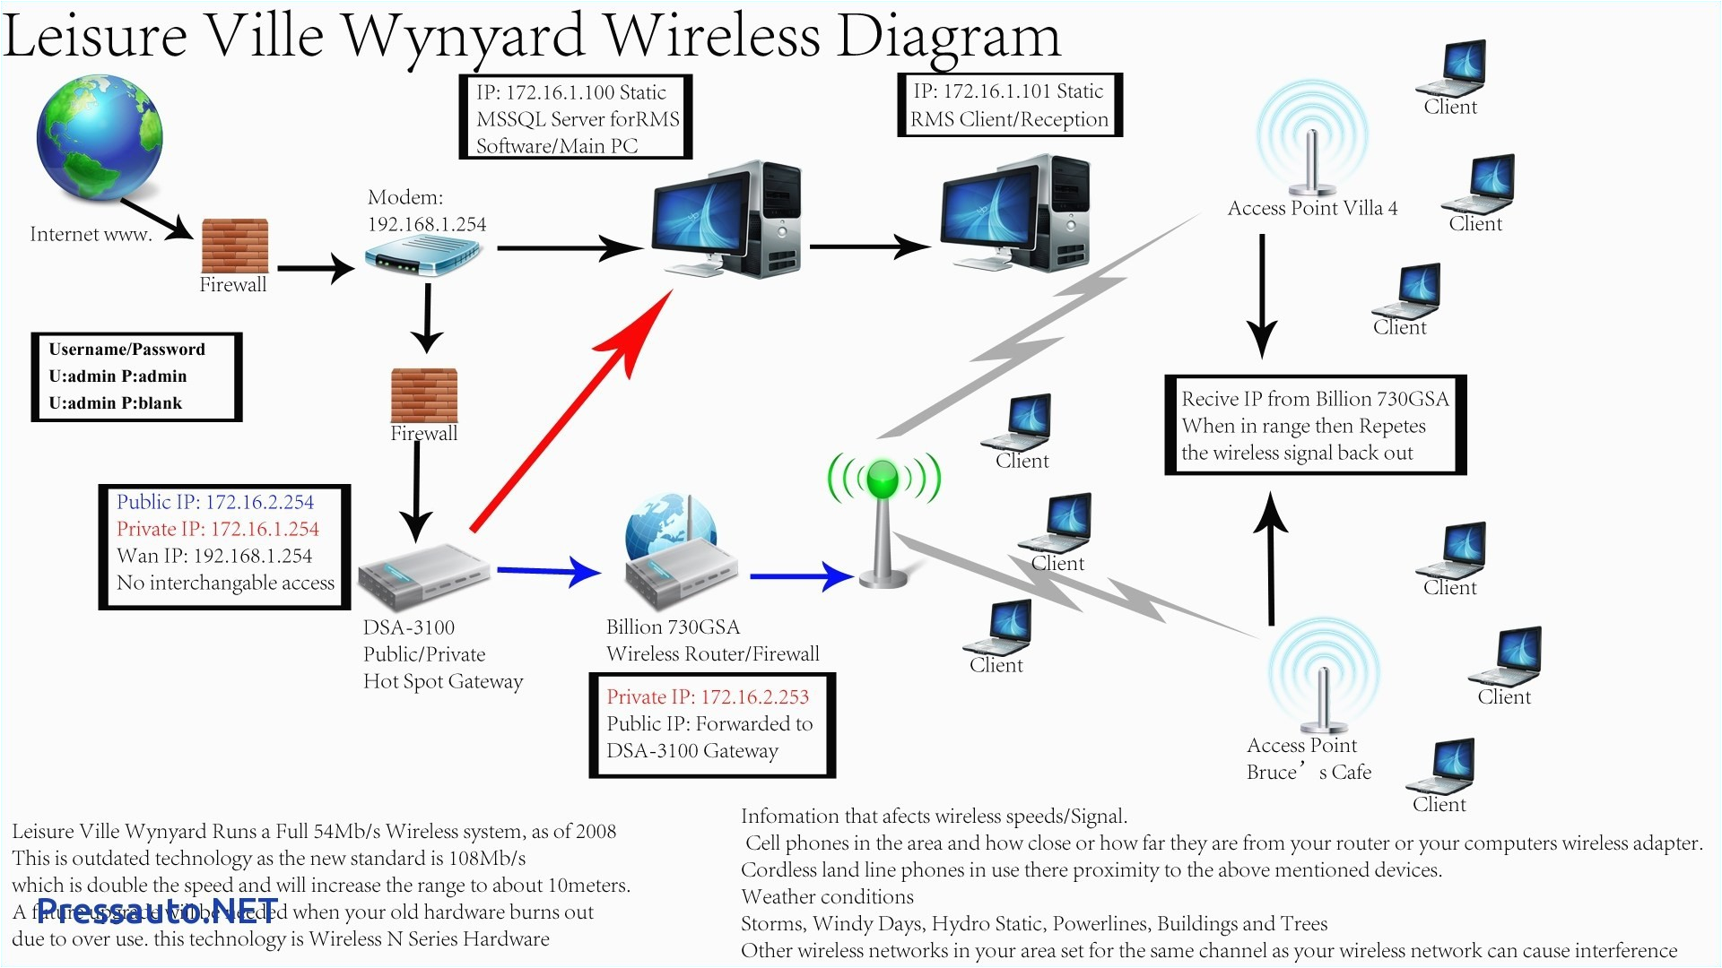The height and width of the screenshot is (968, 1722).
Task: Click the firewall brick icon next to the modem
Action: tap(234, 245)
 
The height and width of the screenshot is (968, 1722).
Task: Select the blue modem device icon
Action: tap(423, 258)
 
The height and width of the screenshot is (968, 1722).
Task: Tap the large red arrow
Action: tap(574, 408)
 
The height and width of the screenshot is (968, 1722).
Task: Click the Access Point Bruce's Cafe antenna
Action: tap(1323, 681)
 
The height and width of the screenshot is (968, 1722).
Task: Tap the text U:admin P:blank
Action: tap(115, 403)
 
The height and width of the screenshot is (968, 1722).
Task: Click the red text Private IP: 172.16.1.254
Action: tap(218, 529)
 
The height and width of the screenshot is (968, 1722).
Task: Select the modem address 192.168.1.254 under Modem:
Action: tap(427, 224)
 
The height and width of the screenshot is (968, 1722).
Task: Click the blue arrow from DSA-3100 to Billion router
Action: tap(547, 570)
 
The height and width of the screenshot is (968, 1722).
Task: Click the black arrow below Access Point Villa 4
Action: tap(1262, 296)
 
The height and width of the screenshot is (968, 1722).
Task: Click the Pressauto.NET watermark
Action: tap(158, 912)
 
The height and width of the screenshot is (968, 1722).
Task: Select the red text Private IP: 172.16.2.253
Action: tap(708, 696)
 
